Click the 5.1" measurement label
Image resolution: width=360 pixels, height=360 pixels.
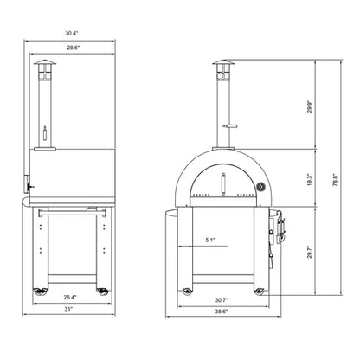[211, 240]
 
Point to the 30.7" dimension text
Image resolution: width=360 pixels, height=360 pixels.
[223, 300]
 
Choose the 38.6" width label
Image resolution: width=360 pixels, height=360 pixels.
[223, 312]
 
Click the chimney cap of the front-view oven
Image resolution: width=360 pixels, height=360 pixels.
[223, 67]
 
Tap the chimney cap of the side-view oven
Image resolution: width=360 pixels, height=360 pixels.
[42, 67]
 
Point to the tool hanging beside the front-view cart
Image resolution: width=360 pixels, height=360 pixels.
[279, 230]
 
